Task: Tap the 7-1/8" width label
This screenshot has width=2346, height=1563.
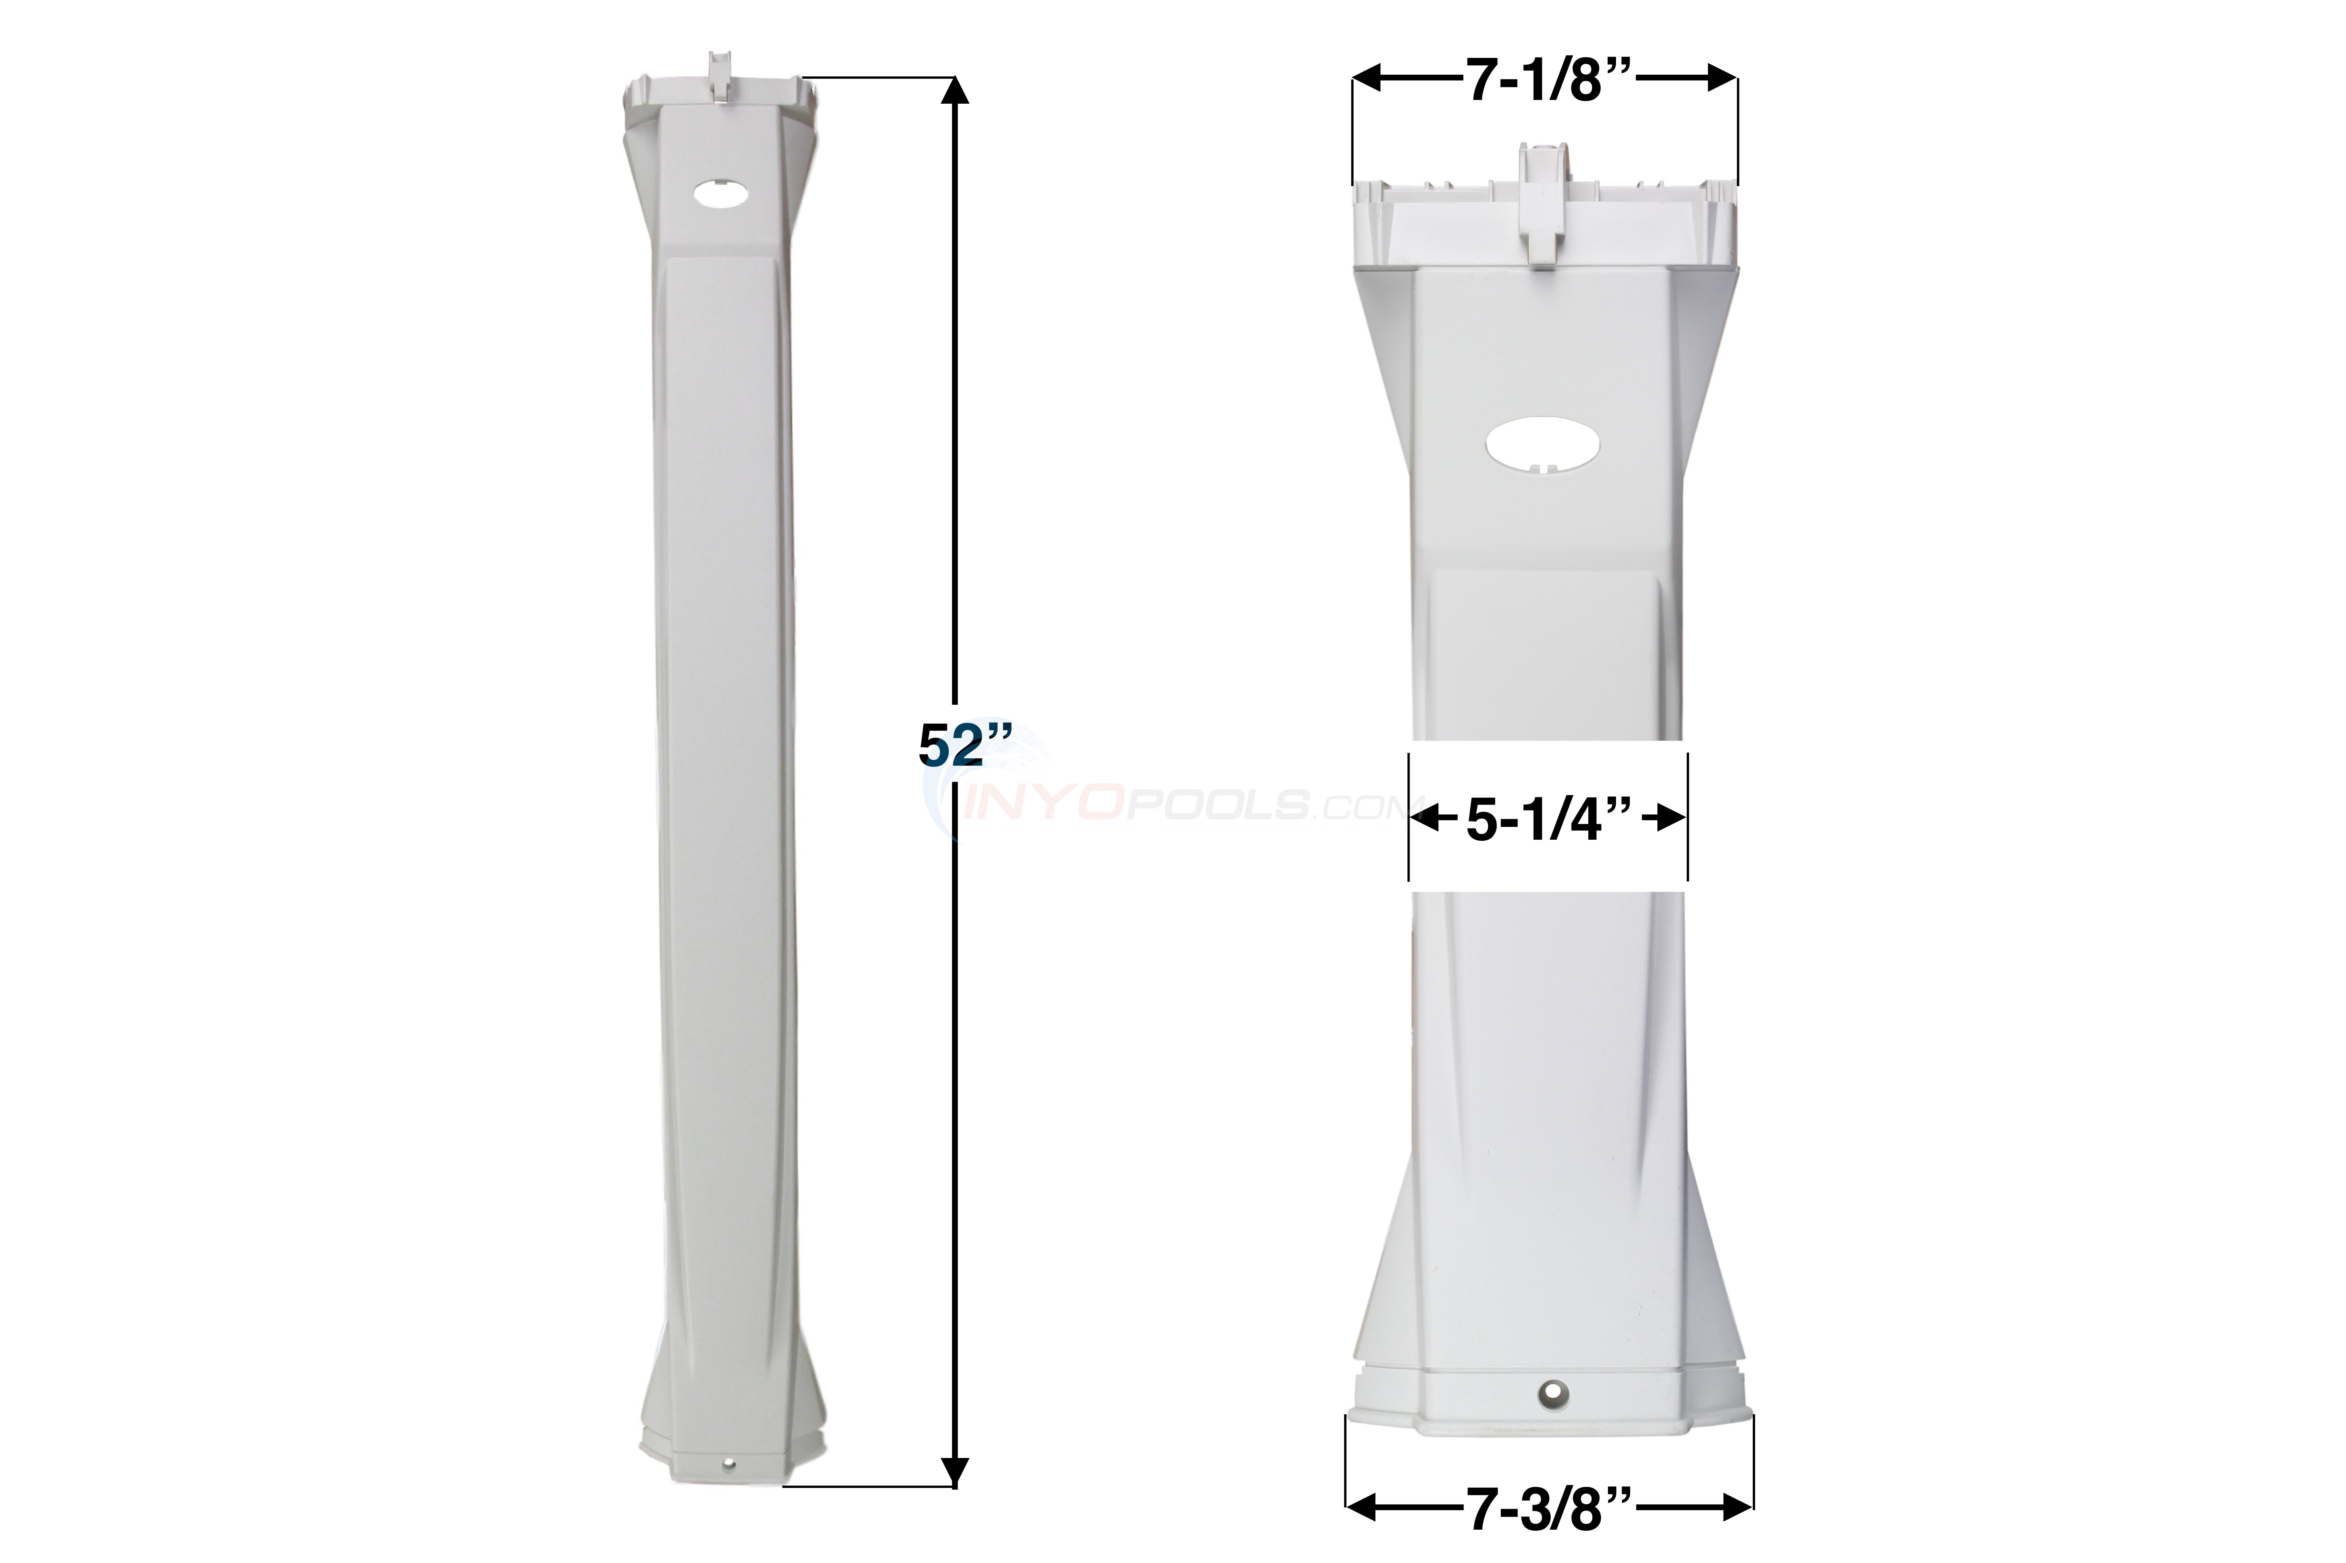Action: pos(1546,80)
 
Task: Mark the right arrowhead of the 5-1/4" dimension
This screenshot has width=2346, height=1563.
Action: pos(1673,821)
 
